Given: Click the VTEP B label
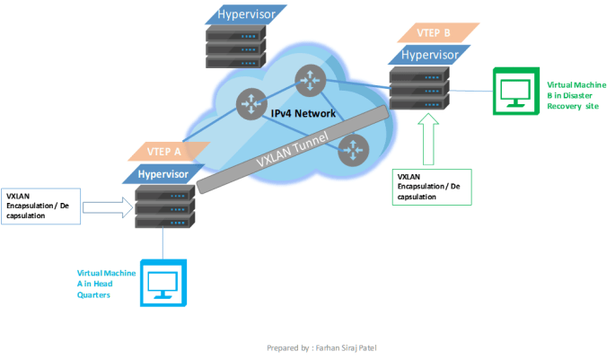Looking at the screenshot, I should coord(434,34).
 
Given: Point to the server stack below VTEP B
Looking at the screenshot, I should coord(419,89).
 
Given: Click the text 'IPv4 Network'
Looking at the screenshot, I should coord(303,114).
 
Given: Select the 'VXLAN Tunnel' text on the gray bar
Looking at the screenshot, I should coord(291,147).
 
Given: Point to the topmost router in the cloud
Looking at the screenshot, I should coord(309,83).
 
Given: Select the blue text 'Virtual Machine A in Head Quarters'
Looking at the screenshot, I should coord(106,282).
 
